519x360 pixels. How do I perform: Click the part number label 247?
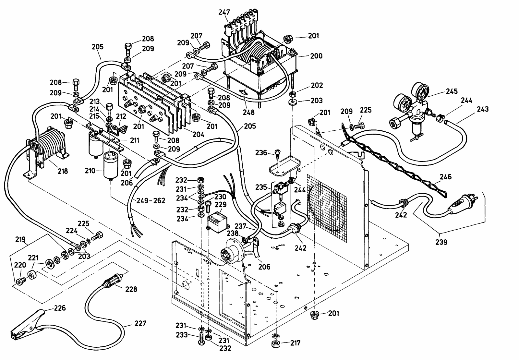224,12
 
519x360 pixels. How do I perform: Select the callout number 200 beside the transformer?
316,56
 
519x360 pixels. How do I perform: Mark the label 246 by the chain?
446,177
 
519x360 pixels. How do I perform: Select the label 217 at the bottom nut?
296,342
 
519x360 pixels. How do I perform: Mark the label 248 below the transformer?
248,113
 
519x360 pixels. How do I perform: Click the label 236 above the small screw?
261,153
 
